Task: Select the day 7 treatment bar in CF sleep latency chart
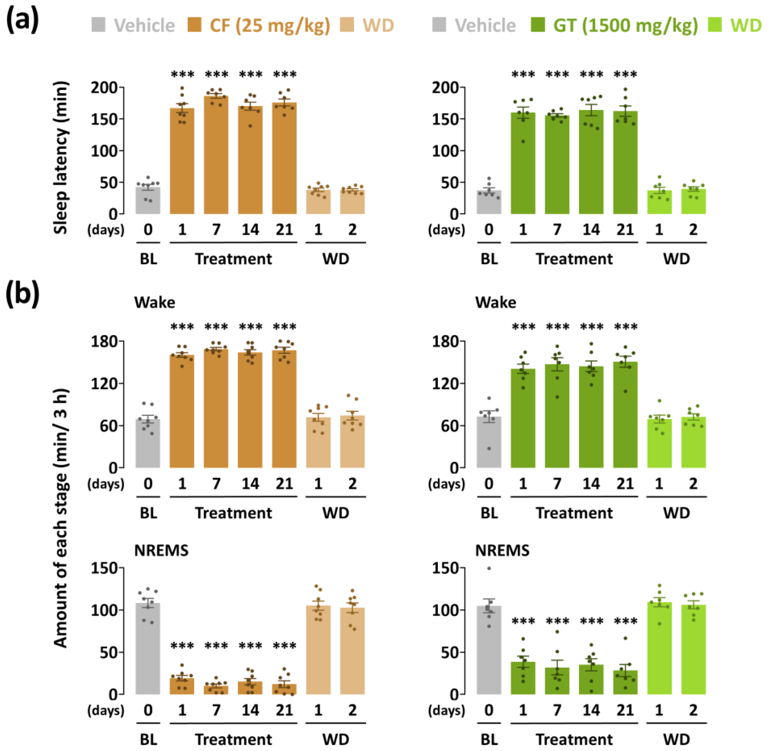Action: [x=216, y=158]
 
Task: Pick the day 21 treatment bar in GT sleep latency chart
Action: [x=625, y=166]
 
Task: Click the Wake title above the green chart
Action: [x=495, y=302]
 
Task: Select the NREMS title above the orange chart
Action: [x=161, y=551]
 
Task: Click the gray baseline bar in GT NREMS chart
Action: [x=489, y=652]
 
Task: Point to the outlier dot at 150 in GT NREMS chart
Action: [x=489, y=568]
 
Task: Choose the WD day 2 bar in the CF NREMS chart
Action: [x=352, y=652]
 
